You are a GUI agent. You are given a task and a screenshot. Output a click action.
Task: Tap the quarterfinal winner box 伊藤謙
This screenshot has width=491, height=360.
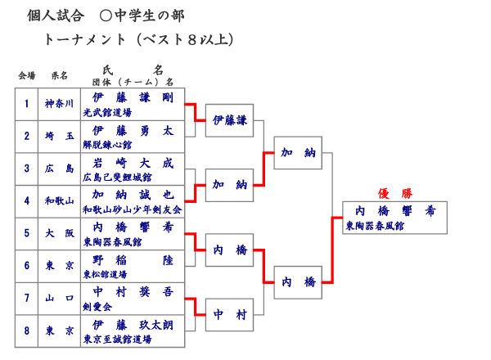(x=229, y=120)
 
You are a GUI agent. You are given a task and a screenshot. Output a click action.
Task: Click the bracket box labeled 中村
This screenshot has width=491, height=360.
(x=229, y=314)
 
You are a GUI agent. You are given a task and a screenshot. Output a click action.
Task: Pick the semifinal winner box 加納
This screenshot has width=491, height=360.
(x=298, y=153)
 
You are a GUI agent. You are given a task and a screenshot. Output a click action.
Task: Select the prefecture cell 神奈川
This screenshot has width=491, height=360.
(x=59, y=104)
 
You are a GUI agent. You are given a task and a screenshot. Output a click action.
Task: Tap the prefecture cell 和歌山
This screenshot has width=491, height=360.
(x=59, y=201)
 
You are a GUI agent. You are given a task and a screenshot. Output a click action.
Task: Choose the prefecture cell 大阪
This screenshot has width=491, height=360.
(x=59, y=233)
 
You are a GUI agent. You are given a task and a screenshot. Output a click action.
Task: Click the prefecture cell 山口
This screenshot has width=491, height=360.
(x=59, y=298)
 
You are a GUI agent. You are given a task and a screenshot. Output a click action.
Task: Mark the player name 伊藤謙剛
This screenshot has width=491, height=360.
(x=133, y=98)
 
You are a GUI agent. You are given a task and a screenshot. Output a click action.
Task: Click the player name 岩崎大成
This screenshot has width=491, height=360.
(x=133, y=163)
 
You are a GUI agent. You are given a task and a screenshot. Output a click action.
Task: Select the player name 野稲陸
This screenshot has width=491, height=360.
(x=133, y=260)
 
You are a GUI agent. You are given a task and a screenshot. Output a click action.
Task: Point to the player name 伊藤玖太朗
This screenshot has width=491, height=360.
(x=133, y=325)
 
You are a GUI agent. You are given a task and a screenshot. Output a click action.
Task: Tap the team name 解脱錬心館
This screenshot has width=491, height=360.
(x=107, y=144)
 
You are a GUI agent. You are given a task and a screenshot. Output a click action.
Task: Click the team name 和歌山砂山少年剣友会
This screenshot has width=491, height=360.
(x=131, y=209)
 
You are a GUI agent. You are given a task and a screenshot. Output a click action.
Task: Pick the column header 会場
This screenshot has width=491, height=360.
(x=26, y=75)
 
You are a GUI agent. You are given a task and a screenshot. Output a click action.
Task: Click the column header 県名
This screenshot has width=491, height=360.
(x=59, y=75)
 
